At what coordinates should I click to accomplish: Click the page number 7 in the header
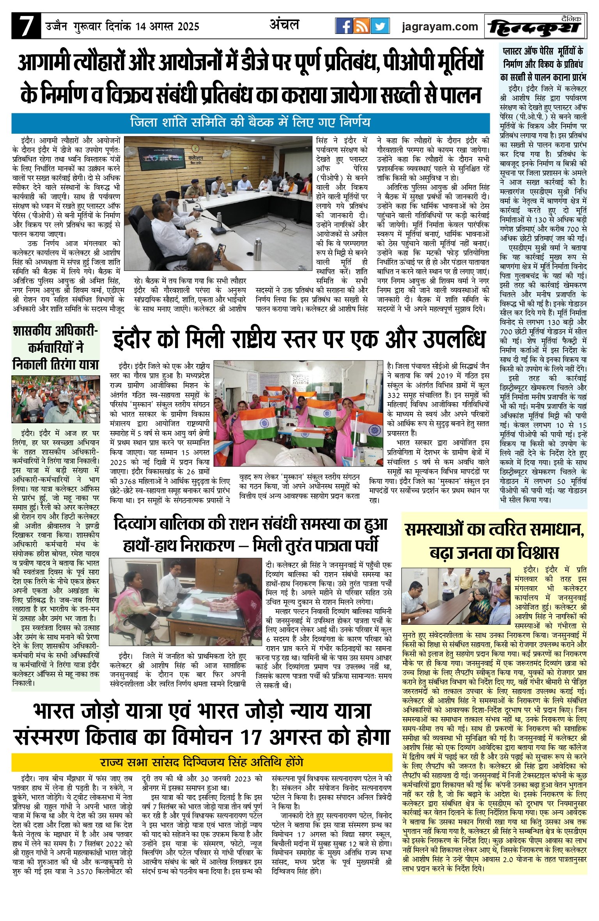point(26,26)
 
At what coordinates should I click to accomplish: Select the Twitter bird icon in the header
point(380,26)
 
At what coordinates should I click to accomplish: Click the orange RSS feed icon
point(362,26)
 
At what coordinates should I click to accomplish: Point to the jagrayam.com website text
point(440,27)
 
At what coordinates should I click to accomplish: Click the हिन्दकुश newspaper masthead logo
point(535,27)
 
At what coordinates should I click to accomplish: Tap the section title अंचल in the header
point(284,25)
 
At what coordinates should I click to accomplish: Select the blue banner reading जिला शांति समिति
point(250,123)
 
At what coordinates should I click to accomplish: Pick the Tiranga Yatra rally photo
point(55,399)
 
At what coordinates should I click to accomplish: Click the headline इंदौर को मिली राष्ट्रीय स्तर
point(299,339)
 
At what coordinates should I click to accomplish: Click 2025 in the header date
point(188,27)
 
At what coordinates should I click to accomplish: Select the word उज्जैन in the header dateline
point(56,27)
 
